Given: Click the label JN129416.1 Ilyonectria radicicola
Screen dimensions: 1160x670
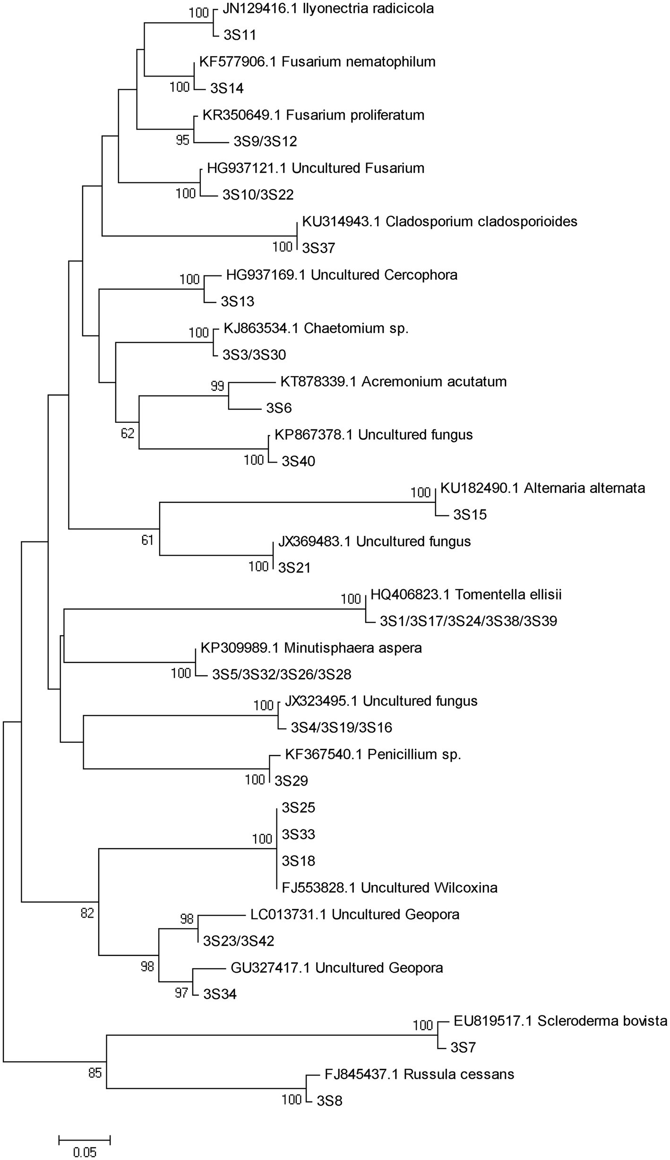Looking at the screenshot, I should click(x=327, y=9).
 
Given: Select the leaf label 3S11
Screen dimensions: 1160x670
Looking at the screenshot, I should click(x=240, y=35).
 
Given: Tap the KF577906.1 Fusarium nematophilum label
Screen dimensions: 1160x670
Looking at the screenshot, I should click(x=317, y=62).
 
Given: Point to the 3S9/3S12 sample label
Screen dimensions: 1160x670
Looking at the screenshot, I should click(x=265, y=142).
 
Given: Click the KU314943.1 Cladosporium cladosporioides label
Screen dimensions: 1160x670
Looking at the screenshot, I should click(x=439, y=222).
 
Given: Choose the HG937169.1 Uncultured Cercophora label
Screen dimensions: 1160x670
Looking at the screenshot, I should click(x=342, y=275).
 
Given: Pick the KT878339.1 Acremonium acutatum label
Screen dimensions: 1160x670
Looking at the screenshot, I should click(x=393, y=382).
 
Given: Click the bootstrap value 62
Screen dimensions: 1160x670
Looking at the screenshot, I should click(x=128, y=433).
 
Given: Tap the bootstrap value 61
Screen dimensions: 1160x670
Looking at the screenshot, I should click(x=147, y=540).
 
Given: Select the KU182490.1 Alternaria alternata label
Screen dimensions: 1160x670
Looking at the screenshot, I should click(x=542, y=488).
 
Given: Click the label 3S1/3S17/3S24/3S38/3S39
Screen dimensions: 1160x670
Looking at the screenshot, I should click(x=468, y=621).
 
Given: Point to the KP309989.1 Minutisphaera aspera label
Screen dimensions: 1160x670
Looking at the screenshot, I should click(x=311, y=648).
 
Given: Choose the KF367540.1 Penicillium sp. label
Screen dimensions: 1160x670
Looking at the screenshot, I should click(x=373, y=754).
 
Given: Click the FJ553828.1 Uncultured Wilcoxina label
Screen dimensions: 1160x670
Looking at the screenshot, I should click(x=389, y=888).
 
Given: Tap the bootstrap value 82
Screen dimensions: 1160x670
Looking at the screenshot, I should click(x=87, y=913).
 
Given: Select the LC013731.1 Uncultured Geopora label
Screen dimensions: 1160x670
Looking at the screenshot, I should click(x=355, y=914).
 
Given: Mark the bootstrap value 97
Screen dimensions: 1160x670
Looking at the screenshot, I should click(x=181, y=993).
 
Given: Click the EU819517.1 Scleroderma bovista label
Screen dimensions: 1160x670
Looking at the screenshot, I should click(x=560, y=1022).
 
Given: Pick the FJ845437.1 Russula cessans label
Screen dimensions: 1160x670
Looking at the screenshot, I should click(x=419, y=1074).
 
